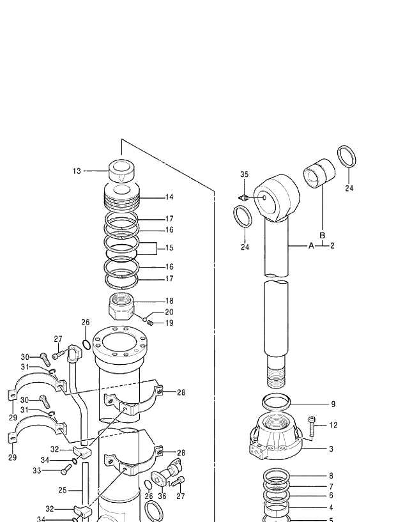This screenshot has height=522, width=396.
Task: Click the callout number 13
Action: pyautogui.click(x=77, y=171)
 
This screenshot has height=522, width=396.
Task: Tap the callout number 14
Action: pyautogui.click(x=169, y=197)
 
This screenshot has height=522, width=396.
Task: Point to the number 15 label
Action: pyautogui.click(x=169, y=248)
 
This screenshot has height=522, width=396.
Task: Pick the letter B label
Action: pyautogui.click(x=323, y=235)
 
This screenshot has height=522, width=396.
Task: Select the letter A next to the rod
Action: pyautogui.click(x=312, y=245)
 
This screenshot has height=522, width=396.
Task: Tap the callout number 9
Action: pyautogui.click(x=332, y=404)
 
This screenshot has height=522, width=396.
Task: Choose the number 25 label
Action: pyautogui.click(x=62, y=491)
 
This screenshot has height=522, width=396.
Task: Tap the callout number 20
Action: pyautogui.click(x=169, y=312)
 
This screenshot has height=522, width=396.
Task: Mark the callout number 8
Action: pyautogui.click(x=331, y=476)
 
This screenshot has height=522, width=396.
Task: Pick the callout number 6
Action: pyautogui.click(x=331, y=495)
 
